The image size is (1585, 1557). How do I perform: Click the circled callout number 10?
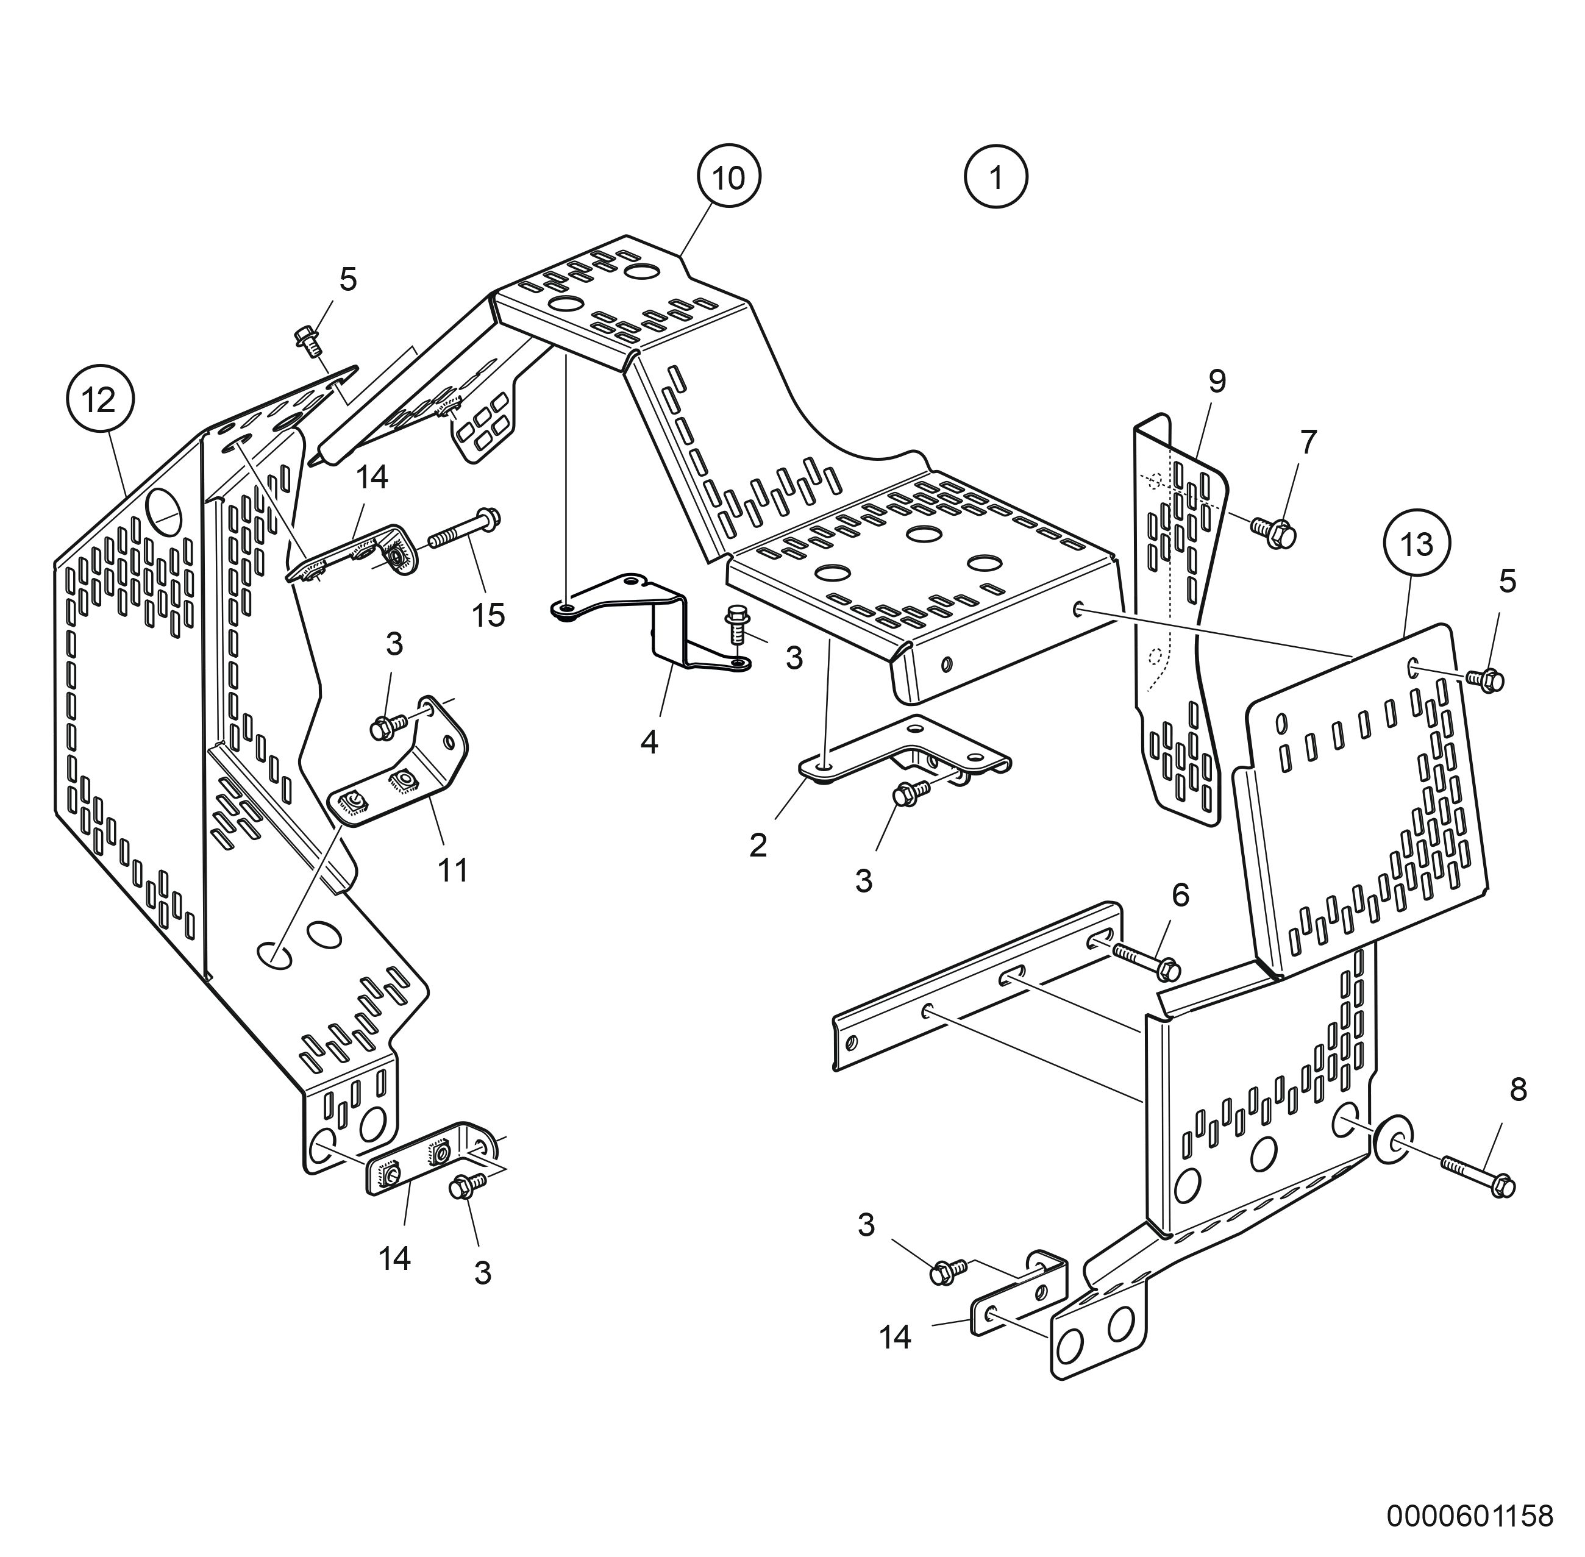pos(728,177)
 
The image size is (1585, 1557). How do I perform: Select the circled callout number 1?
pos(996,177)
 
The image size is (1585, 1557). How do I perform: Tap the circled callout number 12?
pos(100,401)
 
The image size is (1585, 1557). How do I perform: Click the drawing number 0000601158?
pos(1469,1516)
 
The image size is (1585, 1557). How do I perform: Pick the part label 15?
pos(488,615)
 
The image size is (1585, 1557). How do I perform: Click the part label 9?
pos(1217,380)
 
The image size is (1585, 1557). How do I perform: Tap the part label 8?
pos(1518,1089)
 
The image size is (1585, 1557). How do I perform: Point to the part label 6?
pos(1180,896)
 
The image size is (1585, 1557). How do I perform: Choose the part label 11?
pos(453,871)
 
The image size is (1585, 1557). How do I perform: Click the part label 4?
pos(649,743)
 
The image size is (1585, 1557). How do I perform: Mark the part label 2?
pos(758,846)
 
